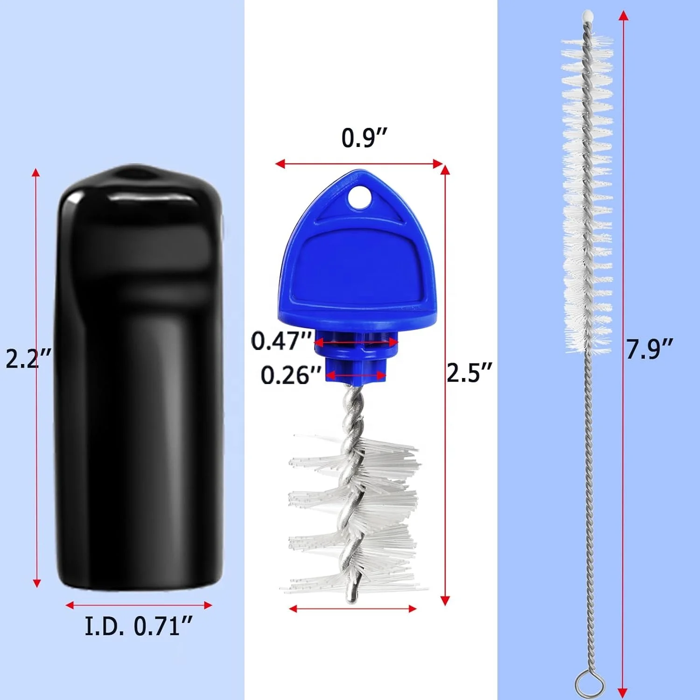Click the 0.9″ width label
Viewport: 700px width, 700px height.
364,138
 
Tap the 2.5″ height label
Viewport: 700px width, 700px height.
469,372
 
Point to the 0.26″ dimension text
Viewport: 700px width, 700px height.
291,375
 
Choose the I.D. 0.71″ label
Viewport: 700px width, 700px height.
138,626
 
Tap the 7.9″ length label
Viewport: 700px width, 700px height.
649,349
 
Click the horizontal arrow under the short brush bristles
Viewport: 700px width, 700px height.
352,609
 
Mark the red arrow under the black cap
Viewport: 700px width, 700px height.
139,605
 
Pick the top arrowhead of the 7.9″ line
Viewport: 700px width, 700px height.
622,15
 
